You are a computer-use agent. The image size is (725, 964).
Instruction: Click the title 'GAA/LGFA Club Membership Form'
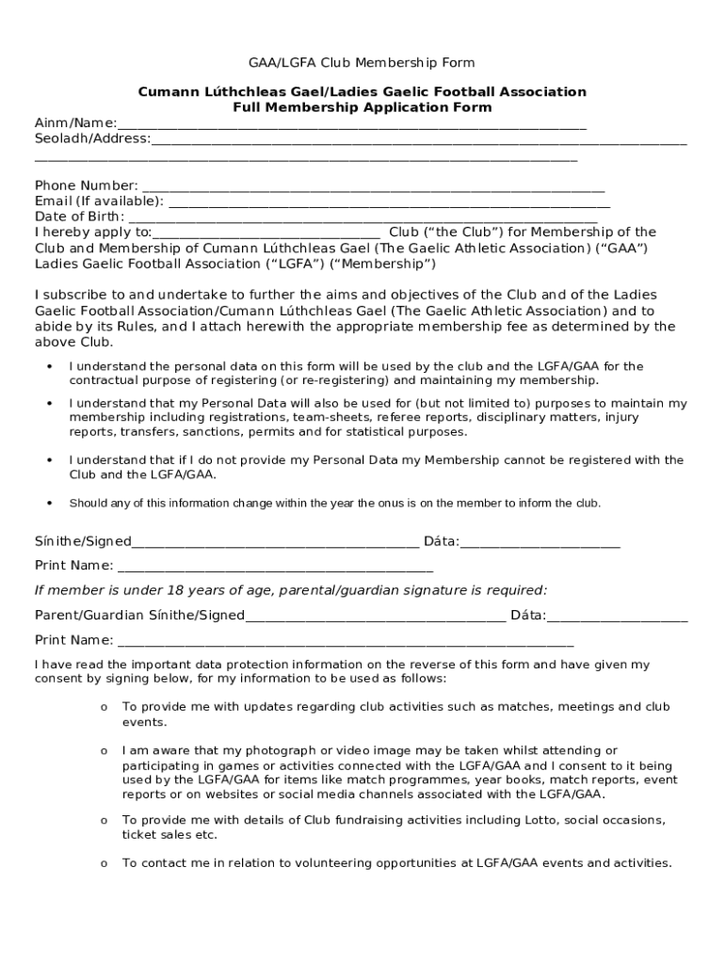click(x=362, y=63)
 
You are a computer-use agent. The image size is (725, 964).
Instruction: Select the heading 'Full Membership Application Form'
click(x=362, y=107)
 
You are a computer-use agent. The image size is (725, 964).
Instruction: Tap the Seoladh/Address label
click(x=92, y=139)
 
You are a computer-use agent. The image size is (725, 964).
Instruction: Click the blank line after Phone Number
click(x=372, y=187)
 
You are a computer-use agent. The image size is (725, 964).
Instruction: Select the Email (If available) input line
click(x=389, y=202)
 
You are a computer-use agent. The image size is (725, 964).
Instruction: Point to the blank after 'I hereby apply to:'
click(x=266, y=233)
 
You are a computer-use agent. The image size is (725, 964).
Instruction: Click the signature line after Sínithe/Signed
click(x=275, y=542)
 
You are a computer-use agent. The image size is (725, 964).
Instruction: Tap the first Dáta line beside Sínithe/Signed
click(x=540, y=542)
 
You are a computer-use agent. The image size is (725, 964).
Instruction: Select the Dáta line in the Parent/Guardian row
click(x=617, y=617)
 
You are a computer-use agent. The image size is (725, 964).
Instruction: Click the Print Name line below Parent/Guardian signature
click(x=345, y=642)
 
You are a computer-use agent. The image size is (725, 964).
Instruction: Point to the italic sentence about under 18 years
click(x=290, y=590)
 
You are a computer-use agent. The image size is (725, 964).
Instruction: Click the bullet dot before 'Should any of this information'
click(x=48, y=504)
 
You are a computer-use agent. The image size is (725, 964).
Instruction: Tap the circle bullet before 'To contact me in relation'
click(x=104, y=864)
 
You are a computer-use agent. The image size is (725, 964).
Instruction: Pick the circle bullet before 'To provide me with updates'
click(x=104, y=708)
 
